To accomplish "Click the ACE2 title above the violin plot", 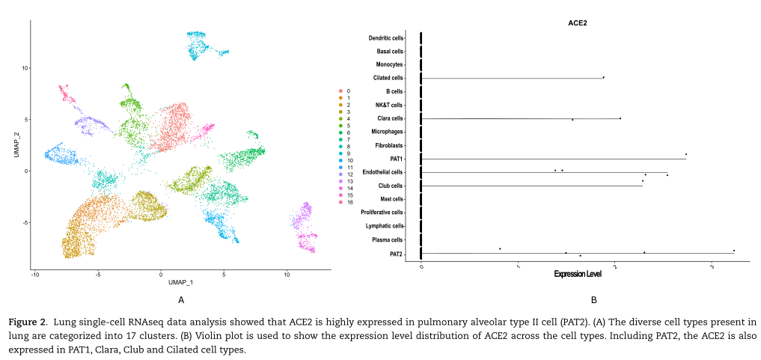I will (578, 23).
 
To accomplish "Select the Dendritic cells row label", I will (386, 37).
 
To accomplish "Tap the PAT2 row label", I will (397, 254).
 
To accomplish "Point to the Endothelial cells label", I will (382, 172).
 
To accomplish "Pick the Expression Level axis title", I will (578, 275).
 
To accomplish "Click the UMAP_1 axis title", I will (181, 282).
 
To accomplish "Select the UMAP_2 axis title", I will (16, 143).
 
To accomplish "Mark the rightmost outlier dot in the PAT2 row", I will (734, 251).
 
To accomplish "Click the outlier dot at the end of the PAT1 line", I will (685, 154).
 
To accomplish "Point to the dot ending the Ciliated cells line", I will (603, 77).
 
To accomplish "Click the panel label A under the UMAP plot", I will (180, 300).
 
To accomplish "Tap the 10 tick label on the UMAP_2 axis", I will (24, 67).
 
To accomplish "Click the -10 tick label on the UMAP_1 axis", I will (34, 275).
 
